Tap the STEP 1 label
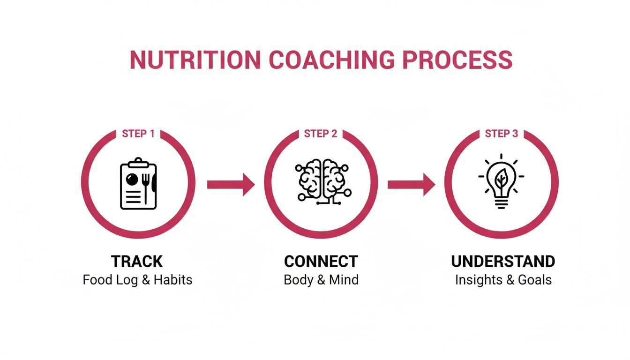pyautogui.click(x=138, y=134)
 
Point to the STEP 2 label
pyautogui.click(x=321, y=134)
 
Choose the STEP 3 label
pyautogui.click(x=502, y=134)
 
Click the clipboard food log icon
pyautogui.click(x=138, y=184)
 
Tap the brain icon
pyautogui.click(x=321, y=182)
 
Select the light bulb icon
pyautogui.click(x=501, y=182)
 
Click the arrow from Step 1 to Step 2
pyautogui.click(x=231, y=185)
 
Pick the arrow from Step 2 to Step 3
pyautogui.click(x=411, y=185)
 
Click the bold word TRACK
pyautogui.click(x=137, y=261)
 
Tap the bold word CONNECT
pyautogui.click(x=321, y=261)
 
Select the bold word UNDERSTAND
pyautogui.click(x=503, y=261)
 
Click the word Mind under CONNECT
pyautogui.click(x=343, y=280)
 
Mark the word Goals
pyautogui.click(x=535, y=280)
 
